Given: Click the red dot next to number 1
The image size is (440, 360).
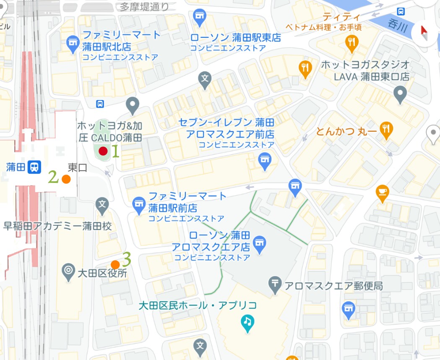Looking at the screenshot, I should point(103,151).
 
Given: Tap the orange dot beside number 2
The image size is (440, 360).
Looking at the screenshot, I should point(65,179).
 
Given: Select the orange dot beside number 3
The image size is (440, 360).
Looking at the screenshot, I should point(115,264).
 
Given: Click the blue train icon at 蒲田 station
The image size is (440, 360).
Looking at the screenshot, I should point(34,167).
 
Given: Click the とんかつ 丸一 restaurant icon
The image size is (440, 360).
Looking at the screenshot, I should point(385,130).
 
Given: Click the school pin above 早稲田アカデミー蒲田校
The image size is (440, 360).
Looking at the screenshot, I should point(102,205).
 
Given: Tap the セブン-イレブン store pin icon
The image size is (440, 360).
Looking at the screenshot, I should point(264,160).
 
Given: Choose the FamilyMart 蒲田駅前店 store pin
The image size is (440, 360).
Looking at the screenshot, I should point(138,204).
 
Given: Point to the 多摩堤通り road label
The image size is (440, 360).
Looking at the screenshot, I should point(144,6).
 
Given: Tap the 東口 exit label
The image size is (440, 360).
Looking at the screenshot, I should point(78,168).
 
